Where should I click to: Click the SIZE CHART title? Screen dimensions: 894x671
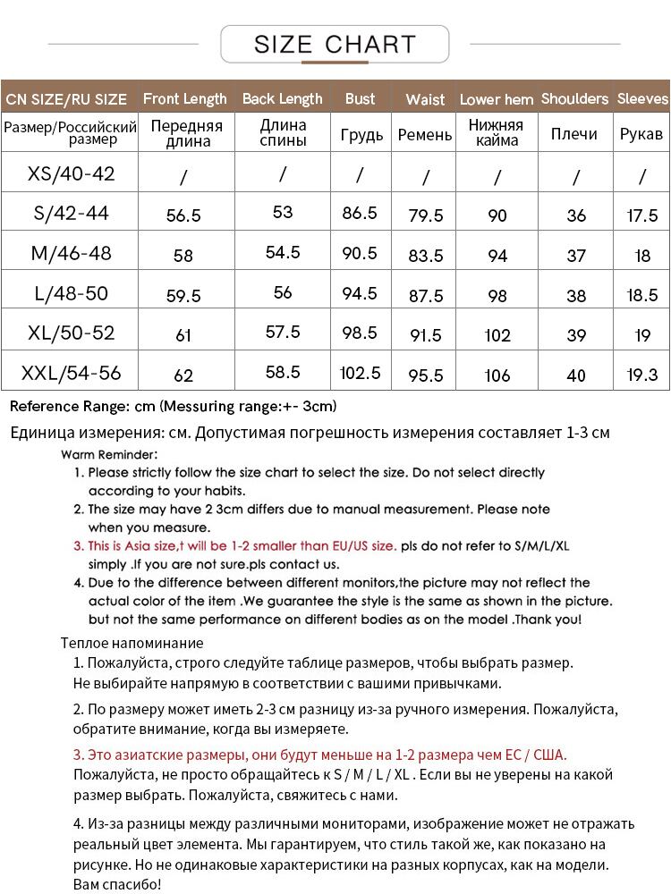(335, 44)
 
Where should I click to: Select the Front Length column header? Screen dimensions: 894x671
(185, 99)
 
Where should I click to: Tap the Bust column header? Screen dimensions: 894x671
(360, 99)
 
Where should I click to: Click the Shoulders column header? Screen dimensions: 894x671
(574, 99)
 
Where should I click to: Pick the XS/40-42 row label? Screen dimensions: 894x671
(71, 173)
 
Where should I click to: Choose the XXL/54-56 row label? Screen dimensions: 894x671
(71, 373)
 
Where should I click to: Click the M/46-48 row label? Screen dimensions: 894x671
(71, 253)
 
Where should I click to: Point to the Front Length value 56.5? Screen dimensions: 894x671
(183, 215)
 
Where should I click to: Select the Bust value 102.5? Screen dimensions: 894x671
(361, 373)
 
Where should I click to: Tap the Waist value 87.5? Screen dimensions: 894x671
(425, 296)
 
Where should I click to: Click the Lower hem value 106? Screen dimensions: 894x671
(497, 375)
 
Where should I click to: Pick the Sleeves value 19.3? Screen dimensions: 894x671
(642, 375)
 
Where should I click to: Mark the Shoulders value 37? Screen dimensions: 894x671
(576, 256)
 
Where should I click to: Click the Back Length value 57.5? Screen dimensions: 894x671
(283, 332)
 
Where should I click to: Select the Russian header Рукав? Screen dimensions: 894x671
(641, 134)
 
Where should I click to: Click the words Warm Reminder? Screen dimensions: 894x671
(109, 454)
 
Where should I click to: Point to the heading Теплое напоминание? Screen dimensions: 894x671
(132, 643)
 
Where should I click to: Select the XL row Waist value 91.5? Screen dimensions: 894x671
(425, 336)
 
